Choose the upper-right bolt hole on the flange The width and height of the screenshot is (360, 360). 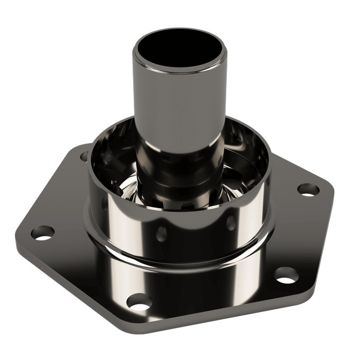tap(307, 189)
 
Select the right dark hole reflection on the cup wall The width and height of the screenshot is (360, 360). tap(231, 222)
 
